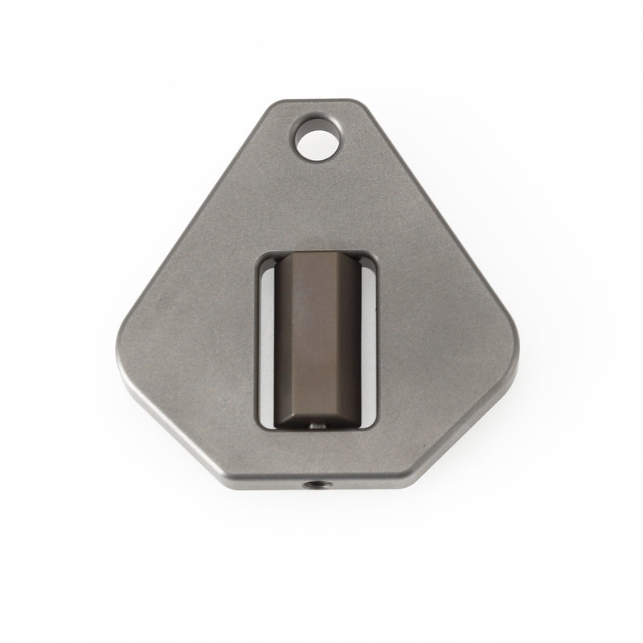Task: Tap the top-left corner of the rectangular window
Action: click(x=259, y=255)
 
